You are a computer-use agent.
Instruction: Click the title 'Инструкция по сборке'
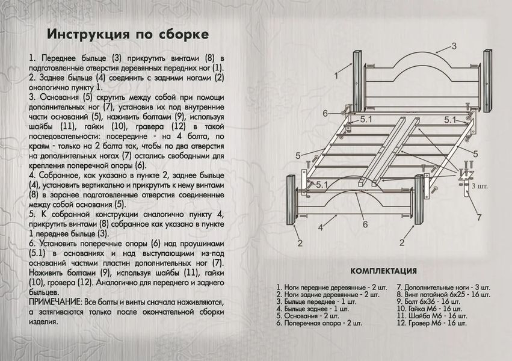click(128, 34)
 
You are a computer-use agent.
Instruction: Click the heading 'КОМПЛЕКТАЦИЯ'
click(384, 271)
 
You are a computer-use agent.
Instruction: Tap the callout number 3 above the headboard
click(454, 46)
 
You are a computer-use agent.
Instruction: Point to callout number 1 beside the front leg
click(336, 76)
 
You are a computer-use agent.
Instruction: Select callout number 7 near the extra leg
click(479, 217)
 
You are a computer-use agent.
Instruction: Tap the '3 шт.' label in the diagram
click(480, 187)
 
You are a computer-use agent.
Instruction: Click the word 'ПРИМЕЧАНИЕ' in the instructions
click(54, 302)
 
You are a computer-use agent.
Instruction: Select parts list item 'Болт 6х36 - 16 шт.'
click(428, 301)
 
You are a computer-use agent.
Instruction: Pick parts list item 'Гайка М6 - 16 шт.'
click(429, 309)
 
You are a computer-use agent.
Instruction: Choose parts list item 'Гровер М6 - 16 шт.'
click(431, 323)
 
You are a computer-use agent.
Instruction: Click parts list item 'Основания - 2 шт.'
click(307, 316)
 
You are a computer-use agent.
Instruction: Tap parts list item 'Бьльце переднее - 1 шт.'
click(316, 301)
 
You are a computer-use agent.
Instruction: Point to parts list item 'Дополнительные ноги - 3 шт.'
click(443, 288)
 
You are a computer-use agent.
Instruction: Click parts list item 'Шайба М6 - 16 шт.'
click(431, 316)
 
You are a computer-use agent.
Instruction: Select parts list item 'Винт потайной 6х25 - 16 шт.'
click(443, 294)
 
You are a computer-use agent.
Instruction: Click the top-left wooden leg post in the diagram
click(357, 81)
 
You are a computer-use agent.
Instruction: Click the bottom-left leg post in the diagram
click(291, 200)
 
